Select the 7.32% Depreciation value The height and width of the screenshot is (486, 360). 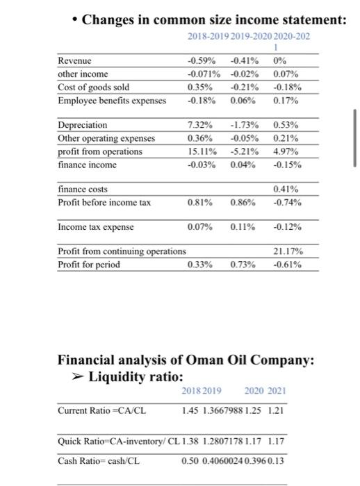(x=199, y=125)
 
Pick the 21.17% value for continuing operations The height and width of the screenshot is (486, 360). (x=287, y=251)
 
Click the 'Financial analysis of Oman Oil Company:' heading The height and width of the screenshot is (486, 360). (x=186, y=360)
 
